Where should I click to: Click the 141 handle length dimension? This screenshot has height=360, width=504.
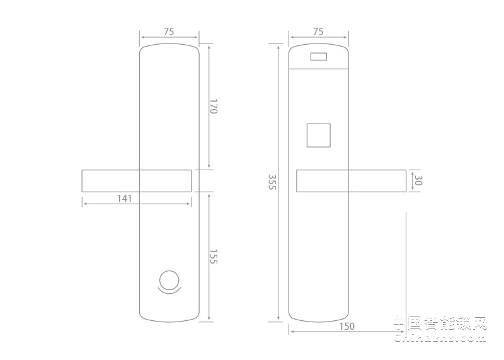124,199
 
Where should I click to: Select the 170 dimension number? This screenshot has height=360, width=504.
213,106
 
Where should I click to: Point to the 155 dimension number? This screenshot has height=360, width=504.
213,257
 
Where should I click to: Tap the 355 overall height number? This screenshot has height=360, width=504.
272,183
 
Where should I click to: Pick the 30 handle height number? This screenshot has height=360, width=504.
418,181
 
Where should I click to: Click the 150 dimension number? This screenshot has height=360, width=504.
346,326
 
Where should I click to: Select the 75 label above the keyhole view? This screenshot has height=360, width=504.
168,32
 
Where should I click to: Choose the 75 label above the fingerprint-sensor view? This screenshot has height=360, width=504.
318,32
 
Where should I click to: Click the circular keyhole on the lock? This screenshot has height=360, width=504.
169,279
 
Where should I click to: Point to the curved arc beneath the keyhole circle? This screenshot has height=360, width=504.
169,291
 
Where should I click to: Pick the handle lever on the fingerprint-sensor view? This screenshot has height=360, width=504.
350,181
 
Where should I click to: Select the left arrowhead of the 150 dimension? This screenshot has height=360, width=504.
291,331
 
